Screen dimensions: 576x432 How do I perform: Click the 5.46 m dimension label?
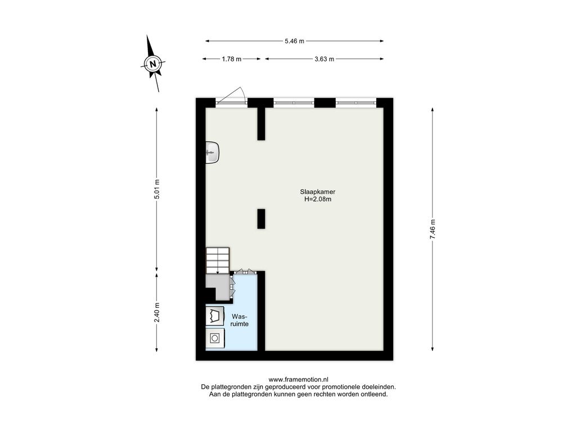click(294, 41)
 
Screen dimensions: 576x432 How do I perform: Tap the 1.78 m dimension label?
click(231, 58)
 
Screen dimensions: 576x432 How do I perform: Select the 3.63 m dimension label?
click(324, 58)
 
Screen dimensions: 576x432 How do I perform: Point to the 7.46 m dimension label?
click(433, 229)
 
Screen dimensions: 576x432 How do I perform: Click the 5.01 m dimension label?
click(157, 189)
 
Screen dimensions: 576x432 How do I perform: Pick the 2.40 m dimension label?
click(157, 312)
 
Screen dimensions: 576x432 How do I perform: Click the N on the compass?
click(153, 64)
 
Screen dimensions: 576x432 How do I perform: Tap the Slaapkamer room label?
click(317, 192)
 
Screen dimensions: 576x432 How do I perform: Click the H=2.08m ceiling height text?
click(318, 200)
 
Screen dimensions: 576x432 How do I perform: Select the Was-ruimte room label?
click(240, 320)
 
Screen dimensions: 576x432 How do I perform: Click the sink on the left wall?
click(212, 152)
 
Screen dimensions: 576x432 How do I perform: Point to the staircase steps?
click(218, 260)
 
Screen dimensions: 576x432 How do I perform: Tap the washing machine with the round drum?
click(214, 337)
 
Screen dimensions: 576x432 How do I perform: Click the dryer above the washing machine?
click(214, 315)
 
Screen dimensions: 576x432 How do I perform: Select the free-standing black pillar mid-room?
click(261, 219)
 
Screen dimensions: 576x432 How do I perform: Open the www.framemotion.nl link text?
click(298, 380)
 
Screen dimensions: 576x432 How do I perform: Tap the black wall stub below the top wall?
click(261, 124)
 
